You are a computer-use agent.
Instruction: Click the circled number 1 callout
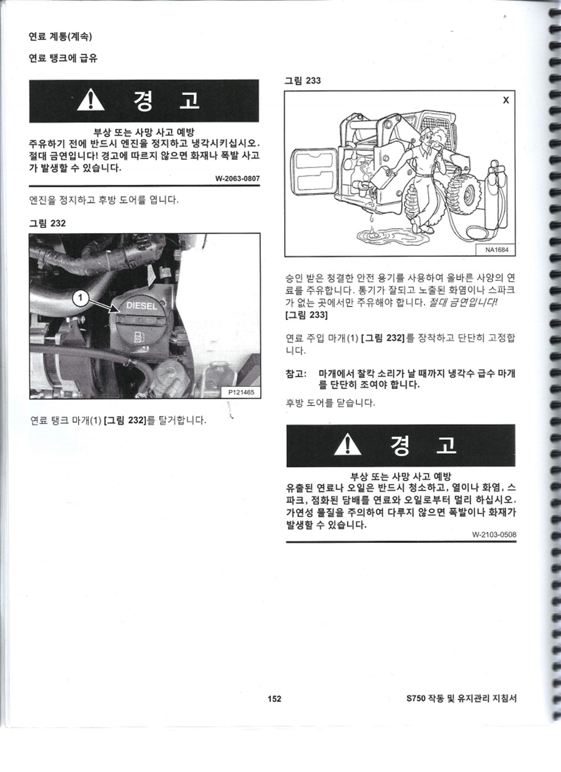point(80,298)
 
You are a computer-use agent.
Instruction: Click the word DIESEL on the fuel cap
point(141,305)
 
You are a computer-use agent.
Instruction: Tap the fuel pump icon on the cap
point(139,336)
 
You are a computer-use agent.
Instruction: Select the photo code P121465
point(241,392)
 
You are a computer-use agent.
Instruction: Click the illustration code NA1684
point(496,249)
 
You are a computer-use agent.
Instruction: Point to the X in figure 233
point(505,101)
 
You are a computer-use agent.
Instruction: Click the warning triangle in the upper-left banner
point(90,99)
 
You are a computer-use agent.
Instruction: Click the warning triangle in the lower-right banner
point(348,444)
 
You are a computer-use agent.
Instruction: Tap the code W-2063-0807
point(237,179)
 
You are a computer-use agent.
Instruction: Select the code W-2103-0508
point(494,535)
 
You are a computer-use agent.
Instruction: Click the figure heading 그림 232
point(47,223)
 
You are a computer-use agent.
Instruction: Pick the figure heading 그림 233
point(302,81)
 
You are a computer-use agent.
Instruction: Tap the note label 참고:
point(296,373)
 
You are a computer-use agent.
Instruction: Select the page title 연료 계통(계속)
point(60,36)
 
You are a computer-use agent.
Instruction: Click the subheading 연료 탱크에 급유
point(63,58)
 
